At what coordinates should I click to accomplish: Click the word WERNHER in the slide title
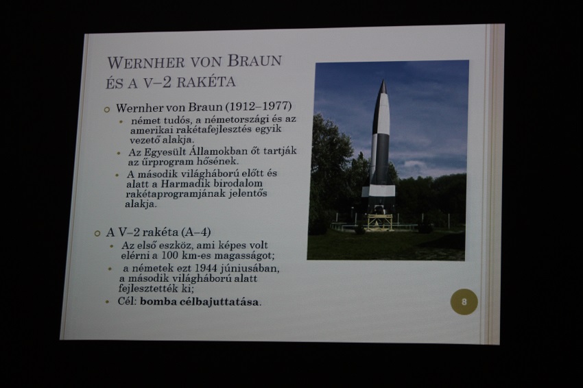point(146,62)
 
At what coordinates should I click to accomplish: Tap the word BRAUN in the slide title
point(254,60)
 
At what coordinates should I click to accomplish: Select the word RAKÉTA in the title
point(206,82)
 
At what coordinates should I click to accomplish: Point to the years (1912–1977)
point(259,106)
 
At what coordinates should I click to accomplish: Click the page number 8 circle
point(464,302)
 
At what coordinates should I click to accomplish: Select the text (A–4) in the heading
point(196,232)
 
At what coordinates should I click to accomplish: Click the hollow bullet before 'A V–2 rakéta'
point(97,233)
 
